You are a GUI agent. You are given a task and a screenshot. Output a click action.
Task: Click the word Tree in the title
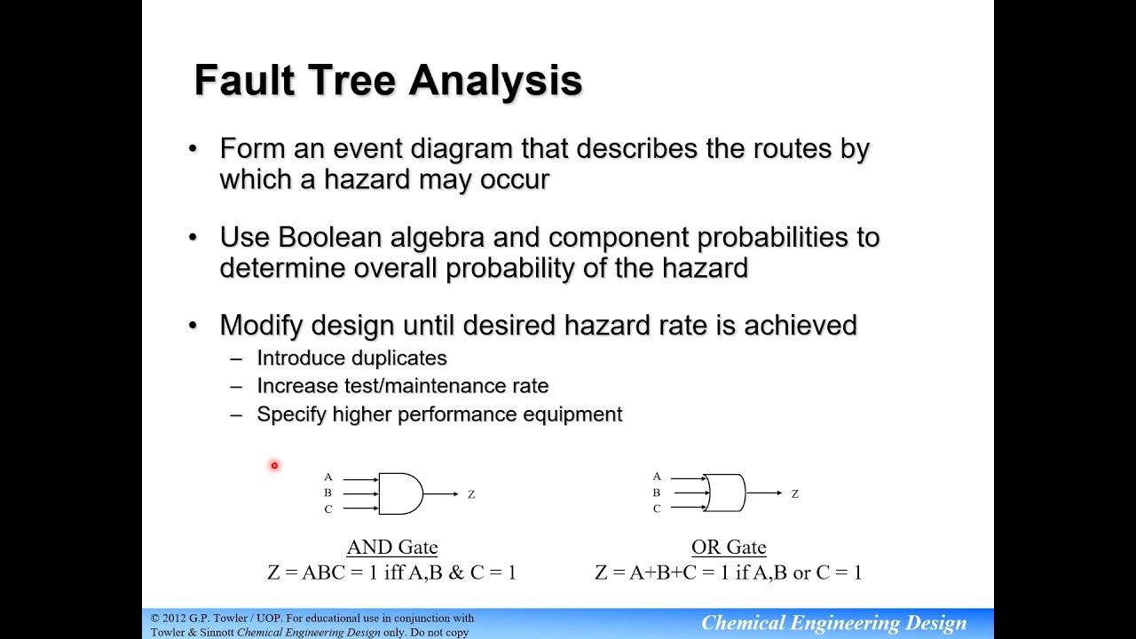(352, 81)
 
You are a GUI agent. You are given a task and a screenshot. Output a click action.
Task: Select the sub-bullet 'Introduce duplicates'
(351, 358)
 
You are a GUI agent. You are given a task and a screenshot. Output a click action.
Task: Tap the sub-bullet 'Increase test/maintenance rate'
(402, 386)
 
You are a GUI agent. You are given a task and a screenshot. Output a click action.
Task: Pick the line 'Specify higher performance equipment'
(439, 414)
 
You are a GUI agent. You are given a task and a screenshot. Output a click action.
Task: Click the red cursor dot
(274, 465)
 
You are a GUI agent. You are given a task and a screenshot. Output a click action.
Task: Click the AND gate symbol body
(399, 493)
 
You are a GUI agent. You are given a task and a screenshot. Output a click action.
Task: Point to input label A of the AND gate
(327, 477)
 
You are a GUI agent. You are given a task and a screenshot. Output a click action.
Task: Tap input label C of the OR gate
(657, 509)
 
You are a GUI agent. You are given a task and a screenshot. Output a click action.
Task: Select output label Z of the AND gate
(471, 494)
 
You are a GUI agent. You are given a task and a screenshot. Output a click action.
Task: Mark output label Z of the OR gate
(795, 494)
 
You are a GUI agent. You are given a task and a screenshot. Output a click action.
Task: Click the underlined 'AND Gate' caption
(392, 548)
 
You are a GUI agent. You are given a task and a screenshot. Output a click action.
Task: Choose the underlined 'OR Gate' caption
(729, 548)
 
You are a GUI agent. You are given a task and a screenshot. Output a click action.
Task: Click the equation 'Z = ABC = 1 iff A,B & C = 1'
(391, 572)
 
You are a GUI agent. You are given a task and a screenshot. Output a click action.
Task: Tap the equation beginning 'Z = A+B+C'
(728, 572)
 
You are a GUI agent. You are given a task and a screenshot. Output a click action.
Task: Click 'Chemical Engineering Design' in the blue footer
(833, 623)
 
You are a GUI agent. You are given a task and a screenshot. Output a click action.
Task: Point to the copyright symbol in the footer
(155, 619)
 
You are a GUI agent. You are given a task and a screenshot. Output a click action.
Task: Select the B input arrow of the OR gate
(687, 493)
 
